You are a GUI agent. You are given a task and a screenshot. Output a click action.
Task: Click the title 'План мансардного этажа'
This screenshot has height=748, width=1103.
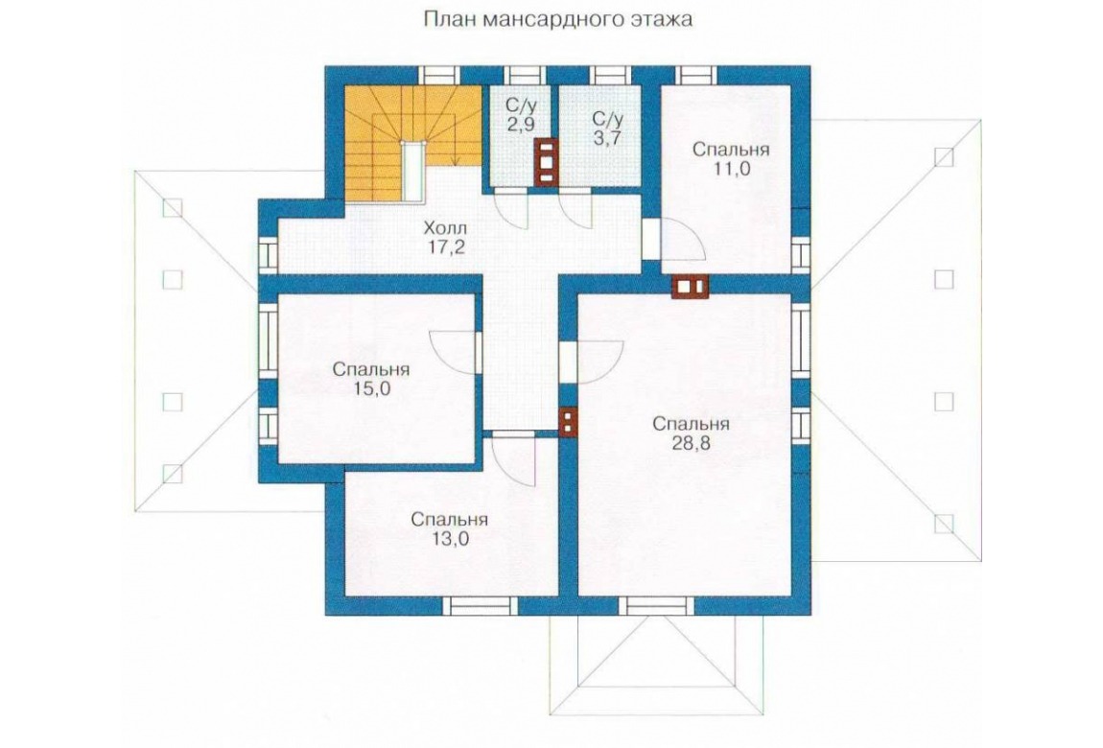[x=557, y=19]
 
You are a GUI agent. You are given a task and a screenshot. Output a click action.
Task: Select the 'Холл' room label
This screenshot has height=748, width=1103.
[x=445, y=228]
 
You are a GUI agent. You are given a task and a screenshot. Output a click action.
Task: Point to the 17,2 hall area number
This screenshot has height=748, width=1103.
[x=445, y=246]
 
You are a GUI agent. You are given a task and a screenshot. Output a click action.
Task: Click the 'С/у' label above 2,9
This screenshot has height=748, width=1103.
[x=520, y=105]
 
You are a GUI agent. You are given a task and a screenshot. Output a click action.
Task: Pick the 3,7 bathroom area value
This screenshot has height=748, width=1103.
[x=606, y=137]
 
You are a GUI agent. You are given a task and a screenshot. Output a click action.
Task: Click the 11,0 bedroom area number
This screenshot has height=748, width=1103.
[x=731, y=169]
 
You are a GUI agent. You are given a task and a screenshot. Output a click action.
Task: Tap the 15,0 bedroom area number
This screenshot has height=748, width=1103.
[x=371, y=388]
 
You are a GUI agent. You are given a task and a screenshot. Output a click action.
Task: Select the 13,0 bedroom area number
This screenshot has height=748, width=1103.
[x=450, y=539]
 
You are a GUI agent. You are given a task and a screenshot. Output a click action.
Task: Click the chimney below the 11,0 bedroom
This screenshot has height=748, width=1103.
[x=690, y=286]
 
